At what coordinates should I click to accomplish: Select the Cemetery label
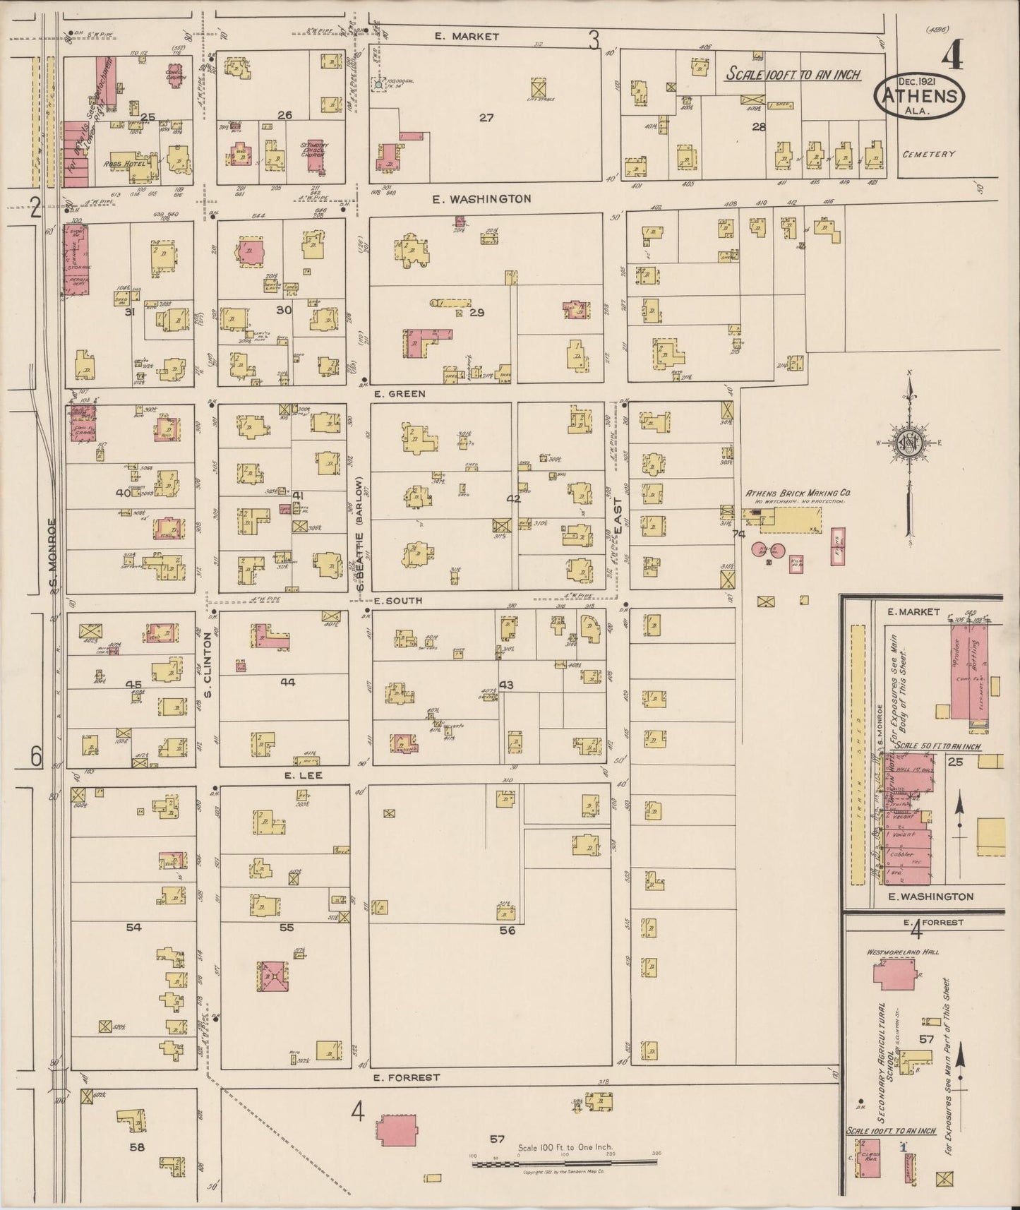point(928,154)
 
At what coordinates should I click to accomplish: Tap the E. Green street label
point(400,393)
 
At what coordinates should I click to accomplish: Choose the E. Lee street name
point(304,775)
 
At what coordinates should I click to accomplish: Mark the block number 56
point(507,930)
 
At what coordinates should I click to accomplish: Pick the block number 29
point(477,312)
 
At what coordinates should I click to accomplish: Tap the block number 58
point(136,1147)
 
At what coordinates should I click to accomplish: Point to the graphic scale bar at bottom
point(565,1161)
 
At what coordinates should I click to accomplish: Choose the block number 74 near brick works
point(739,534)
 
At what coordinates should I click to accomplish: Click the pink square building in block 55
point(269,978)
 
